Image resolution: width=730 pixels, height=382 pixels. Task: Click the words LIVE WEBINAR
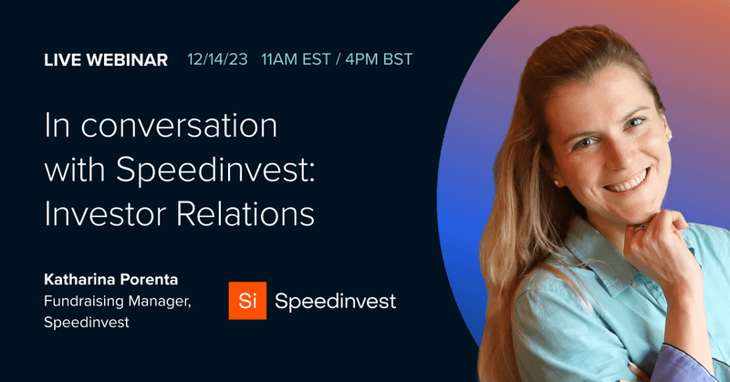pyautogui.click(x=106, y=60)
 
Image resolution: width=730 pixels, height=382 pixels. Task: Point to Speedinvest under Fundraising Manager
pyautogui.click(x=85, y=322)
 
